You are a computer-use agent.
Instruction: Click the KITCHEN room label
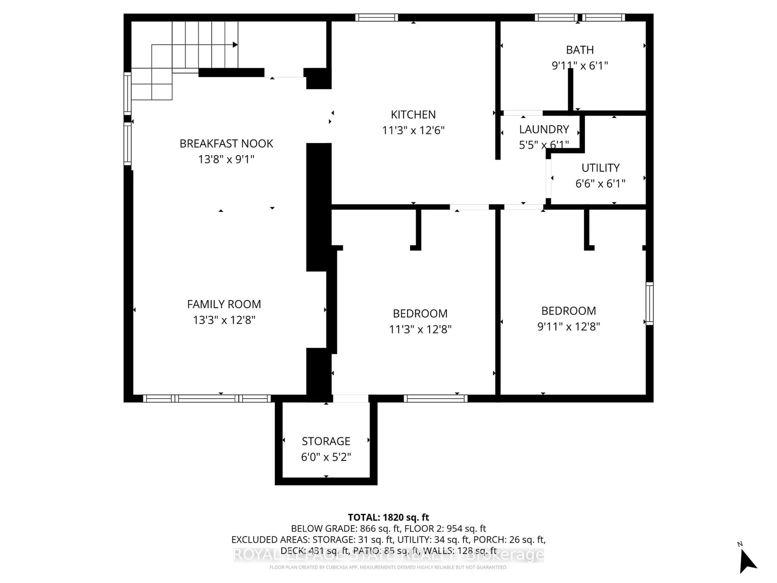[x=413, y=115]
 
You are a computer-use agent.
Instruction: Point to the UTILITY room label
[x=600, y=168]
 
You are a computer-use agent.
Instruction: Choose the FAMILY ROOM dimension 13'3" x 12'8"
[x=224, y=320]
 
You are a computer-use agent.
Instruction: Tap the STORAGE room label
[x=326, y=441]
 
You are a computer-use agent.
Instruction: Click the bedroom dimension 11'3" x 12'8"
[x=420, y=329]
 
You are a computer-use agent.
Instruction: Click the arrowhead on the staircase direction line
[x=235, y=45]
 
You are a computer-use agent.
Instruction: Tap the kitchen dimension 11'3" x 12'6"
[x=413, y=130]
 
